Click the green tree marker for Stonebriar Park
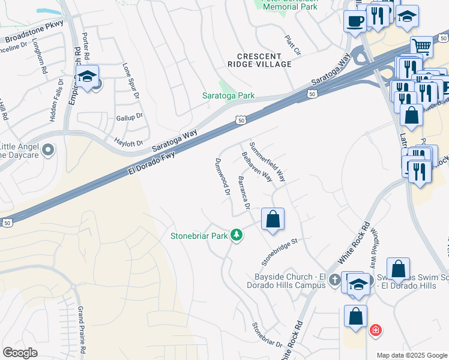[x=237, y=235]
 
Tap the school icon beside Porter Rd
[x=87, y=77]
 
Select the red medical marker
[x=375, y=329]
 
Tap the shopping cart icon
[x=421, y=46]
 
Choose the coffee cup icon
[x=354, y=20]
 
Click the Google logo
[x=20, y=352]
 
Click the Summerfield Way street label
[x=268, y=162]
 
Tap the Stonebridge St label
[x=280, y=252]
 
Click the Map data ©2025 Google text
[x=411, y=355]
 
